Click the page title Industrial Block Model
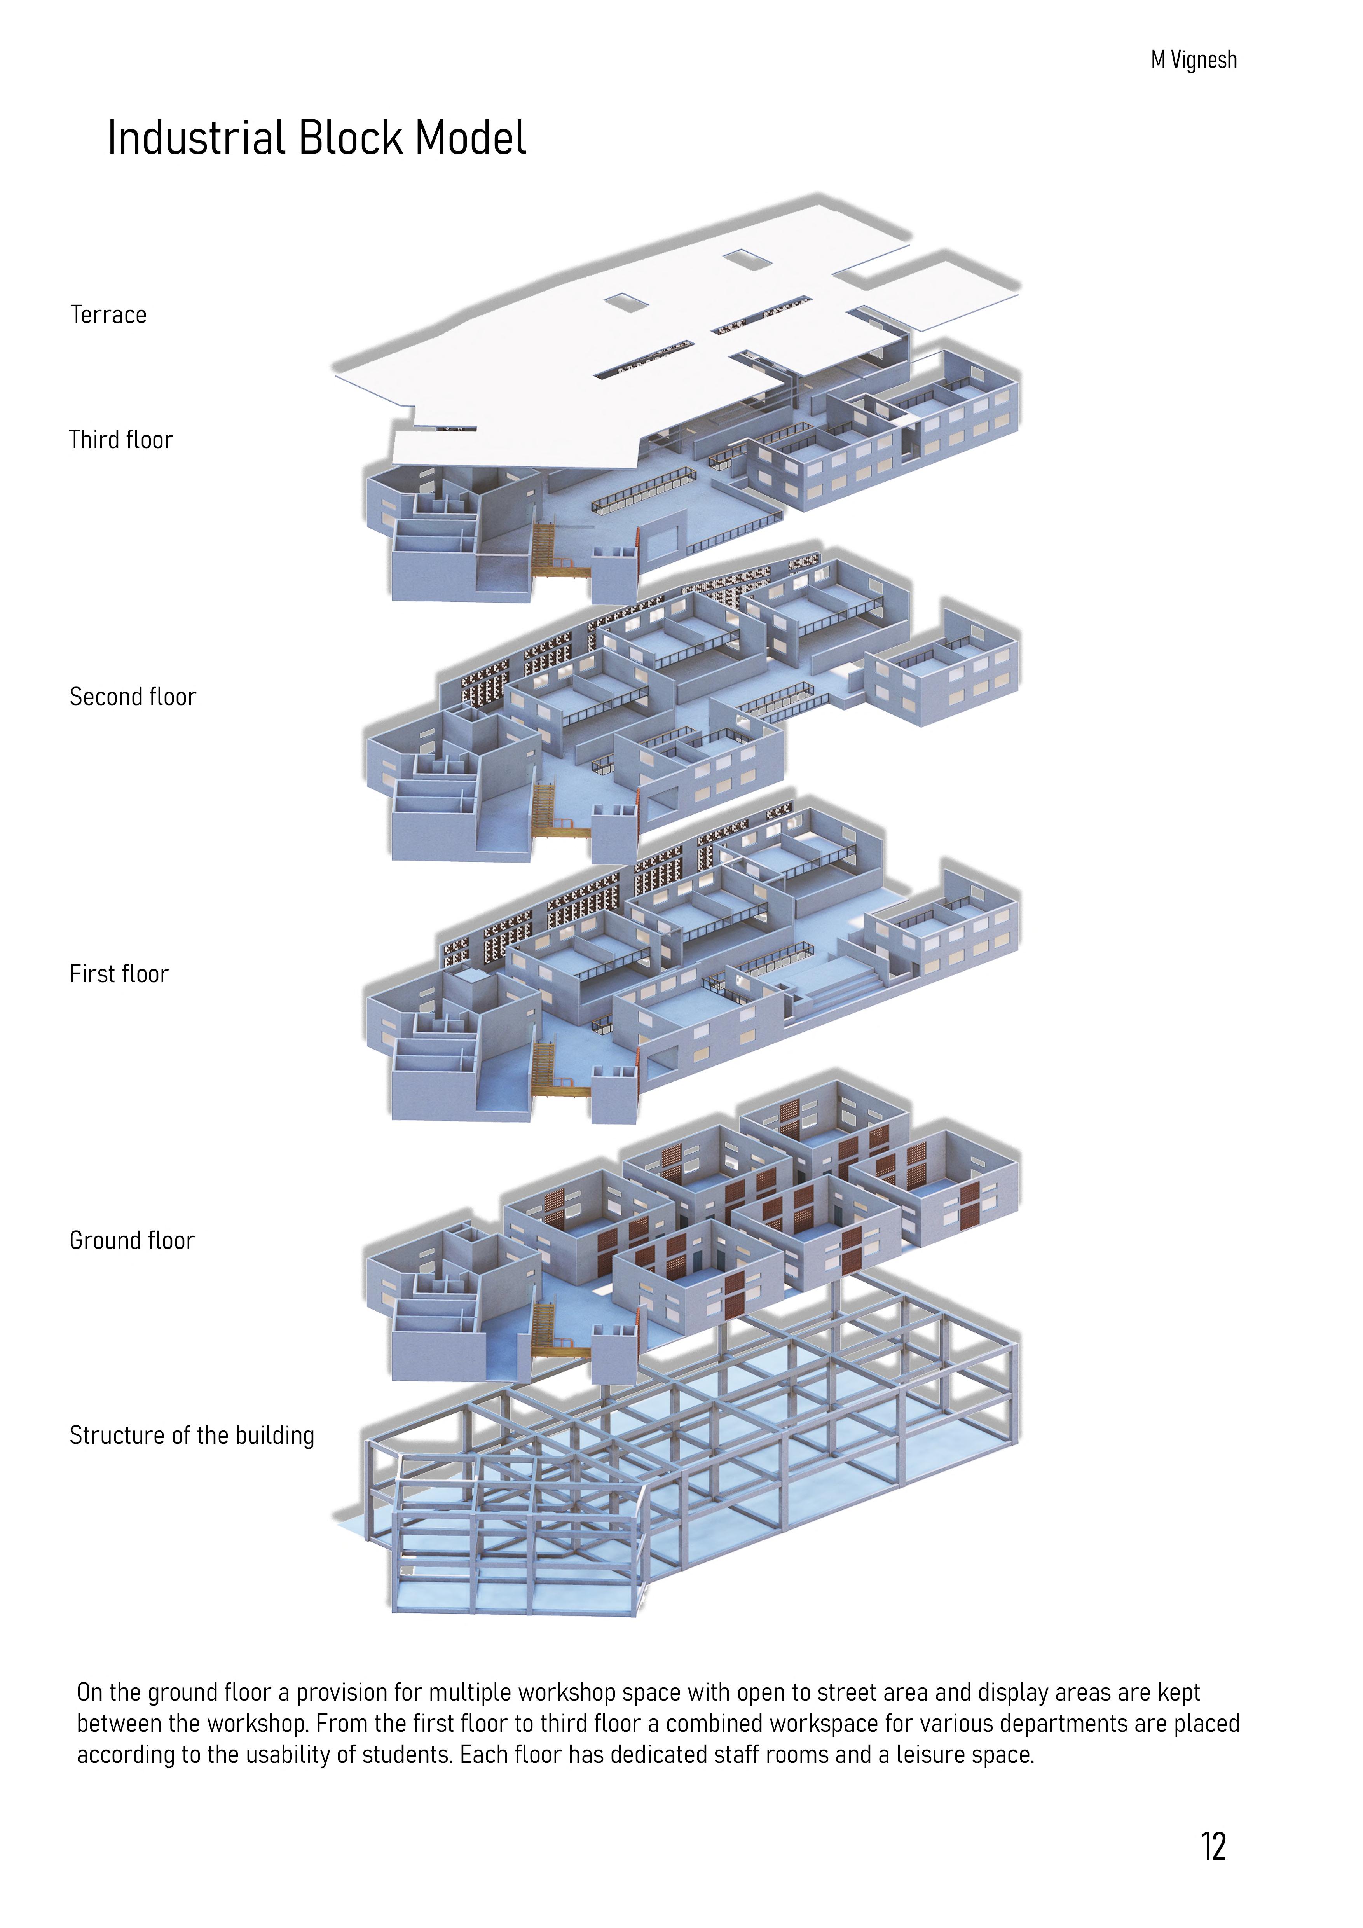[x=317, y=138]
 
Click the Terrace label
[x=108, y=315]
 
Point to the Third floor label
[x=121, y=440]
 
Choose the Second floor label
[x=133, y=697]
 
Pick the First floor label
[x=119, y=974]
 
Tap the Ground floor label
[x=132, y=1241]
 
